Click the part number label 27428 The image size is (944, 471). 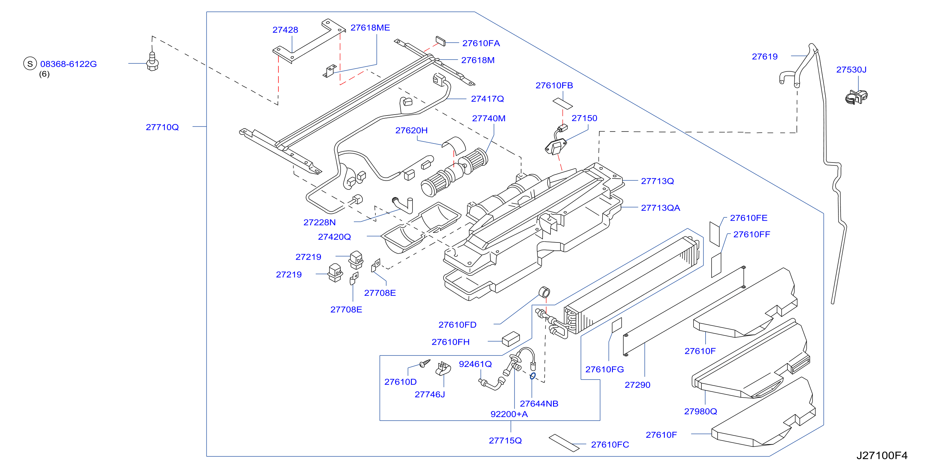[285, 30]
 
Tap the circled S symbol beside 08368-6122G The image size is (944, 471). [30, 63]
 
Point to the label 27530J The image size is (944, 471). [851, 70]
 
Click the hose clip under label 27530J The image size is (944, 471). [856, 97]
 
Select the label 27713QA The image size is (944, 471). [661, 208]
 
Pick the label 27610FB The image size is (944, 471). [554, 85]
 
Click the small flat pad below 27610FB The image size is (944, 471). [563, 103]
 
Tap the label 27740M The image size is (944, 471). [489, 118]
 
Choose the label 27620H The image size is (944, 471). [411, 130]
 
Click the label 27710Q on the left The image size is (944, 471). [162, 127]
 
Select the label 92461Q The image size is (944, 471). [475, 364]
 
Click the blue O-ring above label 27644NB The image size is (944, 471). [533, 376]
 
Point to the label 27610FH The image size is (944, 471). [450, 342]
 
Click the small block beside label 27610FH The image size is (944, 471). [511, 339]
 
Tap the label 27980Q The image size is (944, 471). [700, 412]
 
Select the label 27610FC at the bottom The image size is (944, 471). [610, 445]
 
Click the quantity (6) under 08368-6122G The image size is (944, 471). [44, 74]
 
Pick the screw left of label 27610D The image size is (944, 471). [425, 363]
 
